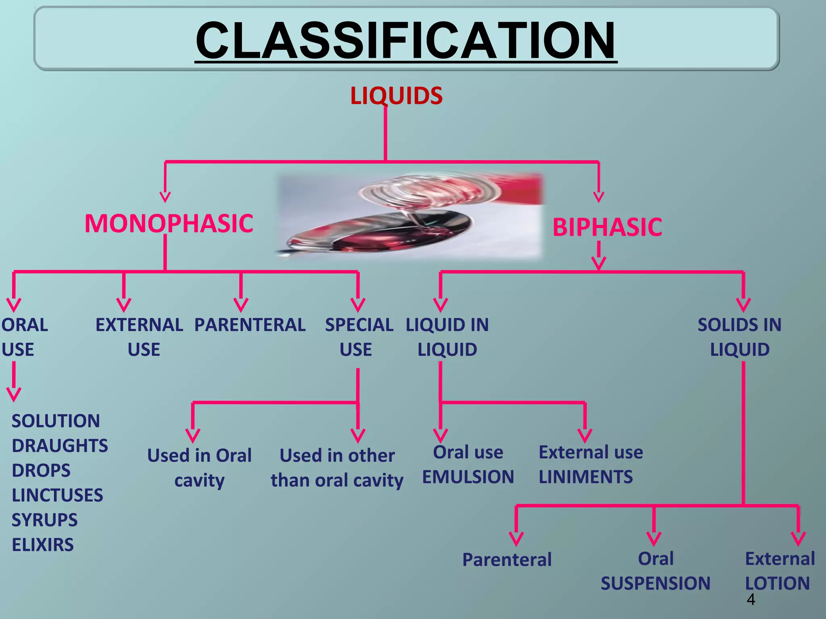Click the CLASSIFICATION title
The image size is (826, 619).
(406, 40)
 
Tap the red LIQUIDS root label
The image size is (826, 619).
(396, 96)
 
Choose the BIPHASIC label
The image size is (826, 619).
(607, 227)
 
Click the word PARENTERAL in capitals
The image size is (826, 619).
(250, 325)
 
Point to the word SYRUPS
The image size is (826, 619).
(44, 520)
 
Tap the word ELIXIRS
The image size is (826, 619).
(43, 545)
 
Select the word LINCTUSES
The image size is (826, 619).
(57, 495)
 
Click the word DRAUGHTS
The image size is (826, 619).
(60, 446)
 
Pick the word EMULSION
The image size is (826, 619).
(468, 477)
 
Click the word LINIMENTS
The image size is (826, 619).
(586, 477)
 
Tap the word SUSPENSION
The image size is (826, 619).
(655, 583)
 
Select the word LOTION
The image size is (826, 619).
(777, 583)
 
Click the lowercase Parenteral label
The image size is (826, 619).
(507, 560)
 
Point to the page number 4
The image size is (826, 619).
(751, 600)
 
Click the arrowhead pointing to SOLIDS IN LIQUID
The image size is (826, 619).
(743, 305)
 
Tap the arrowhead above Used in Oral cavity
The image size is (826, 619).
(193, 436)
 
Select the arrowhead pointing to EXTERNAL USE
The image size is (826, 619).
(124, 305)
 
